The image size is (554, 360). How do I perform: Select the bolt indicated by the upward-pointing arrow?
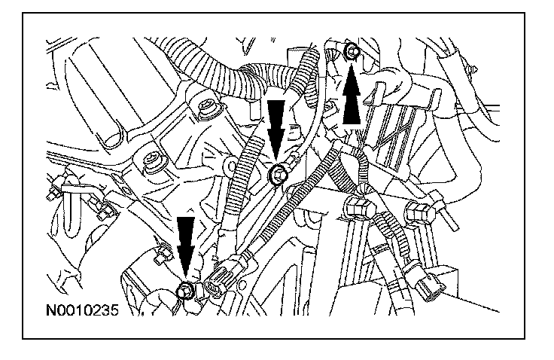click(x=352, y=51)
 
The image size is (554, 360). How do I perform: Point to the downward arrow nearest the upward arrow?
click(x=275, y=130)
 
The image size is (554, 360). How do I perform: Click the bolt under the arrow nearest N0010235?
click(x=184, y=291)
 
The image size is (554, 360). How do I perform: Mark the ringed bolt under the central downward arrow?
click(x=277, y=174)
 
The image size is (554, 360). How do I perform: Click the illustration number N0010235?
click(x=82, y=310)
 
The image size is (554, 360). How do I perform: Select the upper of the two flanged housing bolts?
click(x=208, y=108)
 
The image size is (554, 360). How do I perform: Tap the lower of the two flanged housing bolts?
click(x=154, y=163)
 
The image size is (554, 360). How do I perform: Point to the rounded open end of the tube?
click(x=111, y=138)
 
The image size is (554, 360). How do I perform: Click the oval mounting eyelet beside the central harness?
click(x=230, y=164)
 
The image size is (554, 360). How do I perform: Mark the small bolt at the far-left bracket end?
click(x=53, y=191)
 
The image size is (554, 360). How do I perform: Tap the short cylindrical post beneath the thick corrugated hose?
click(x=253, y=110)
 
